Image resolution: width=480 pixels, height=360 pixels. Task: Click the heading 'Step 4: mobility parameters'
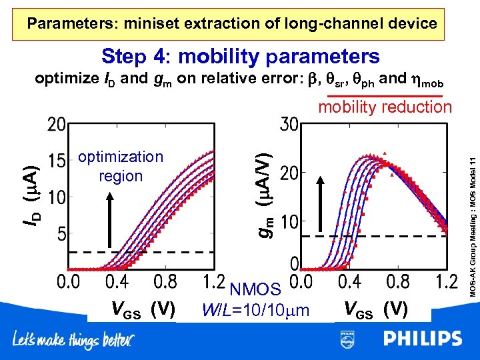pos(240,56)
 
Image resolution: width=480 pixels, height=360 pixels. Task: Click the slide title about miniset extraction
pos(232,24)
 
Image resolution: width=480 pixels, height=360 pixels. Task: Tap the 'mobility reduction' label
pos(385,107)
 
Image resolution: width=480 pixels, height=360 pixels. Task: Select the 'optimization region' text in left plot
pos(121,166)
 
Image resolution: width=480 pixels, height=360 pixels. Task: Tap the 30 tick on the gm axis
pos(289,125)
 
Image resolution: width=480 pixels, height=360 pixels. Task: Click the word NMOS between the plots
pos(255,289)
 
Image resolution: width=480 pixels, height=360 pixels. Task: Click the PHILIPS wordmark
pos(422,339)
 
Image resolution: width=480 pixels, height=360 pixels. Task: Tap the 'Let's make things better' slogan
pos(73,341)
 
